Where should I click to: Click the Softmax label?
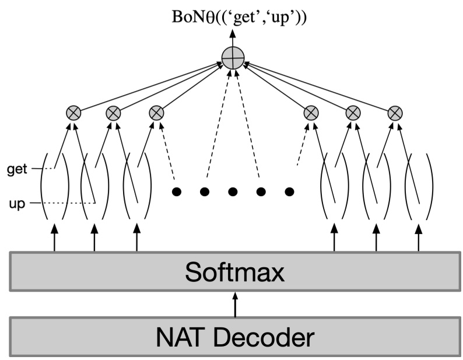(235, 271)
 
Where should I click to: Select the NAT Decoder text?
(235, 337)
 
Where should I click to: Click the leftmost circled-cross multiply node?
(73, 113)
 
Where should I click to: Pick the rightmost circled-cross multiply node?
(395, 113)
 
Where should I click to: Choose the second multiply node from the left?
(113, 113)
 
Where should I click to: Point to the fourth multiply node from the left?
(310, 113)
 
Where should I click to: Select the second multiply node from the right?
(353, 113)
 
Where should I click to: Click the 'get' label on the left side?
(18, 169)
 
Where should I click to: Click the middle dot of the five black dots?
(233, 191)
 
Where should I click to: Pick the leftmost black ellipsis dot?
(176, 191)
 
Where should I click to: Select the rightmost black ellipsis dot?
(289, 191)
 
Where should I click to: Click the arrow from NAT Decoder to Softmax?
(235, 303)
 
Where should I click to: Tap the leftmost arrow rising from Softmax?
(54, 239)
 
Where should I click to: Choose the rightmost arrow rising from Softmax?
(419, 239)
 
